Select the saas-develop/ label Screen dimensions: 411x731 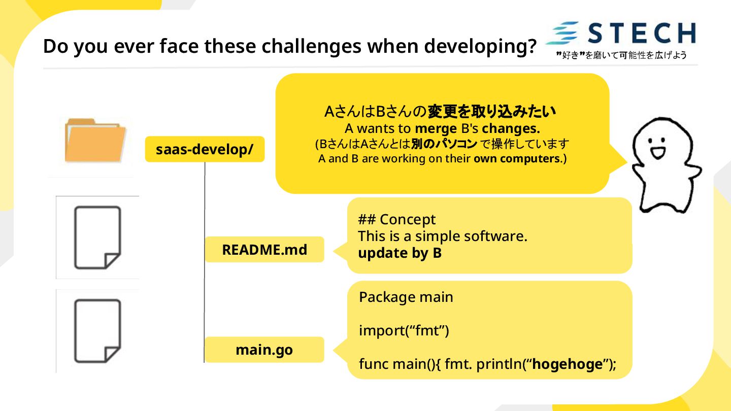205,149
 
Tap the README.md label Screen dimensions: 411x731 264,250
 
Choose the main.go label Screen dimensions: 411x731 264,350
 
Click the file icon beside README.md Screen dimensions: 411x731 97,237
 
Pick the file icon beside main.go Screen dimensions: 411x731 97,330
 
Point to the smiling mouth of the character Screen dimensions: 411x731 658,152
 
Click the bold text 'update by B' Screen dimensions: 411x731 400,253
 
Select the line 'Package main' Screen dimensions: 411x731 406,297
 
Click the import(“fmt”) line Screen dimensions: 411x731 404,331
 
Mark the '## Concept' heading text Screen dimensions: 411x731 396,220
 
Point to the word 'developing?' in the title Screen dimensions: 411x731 480,47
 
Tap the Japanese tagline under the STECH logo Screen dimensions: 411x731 621,55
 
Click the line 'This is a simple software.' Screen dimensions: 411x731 443,236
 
